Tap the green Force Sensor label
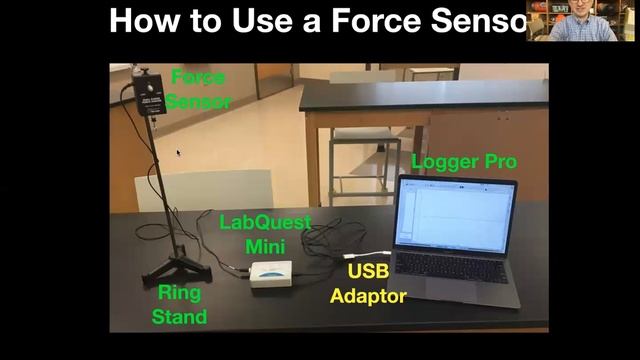[198, 88]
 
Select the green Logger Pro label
[464, 162]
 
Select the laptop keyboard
[455, 268]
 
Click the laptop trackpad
[459, 293]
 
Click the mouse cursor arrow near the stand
[178, 153]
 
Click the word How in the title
[146, 20]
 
